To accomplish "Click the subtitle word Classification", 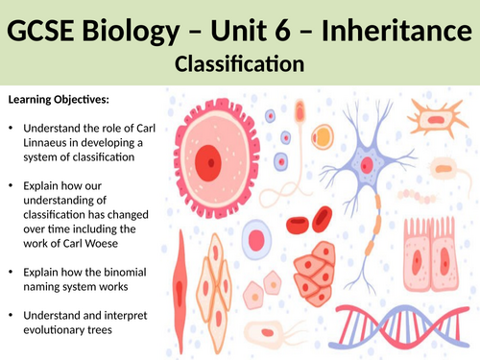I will [x=239, y=65].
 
